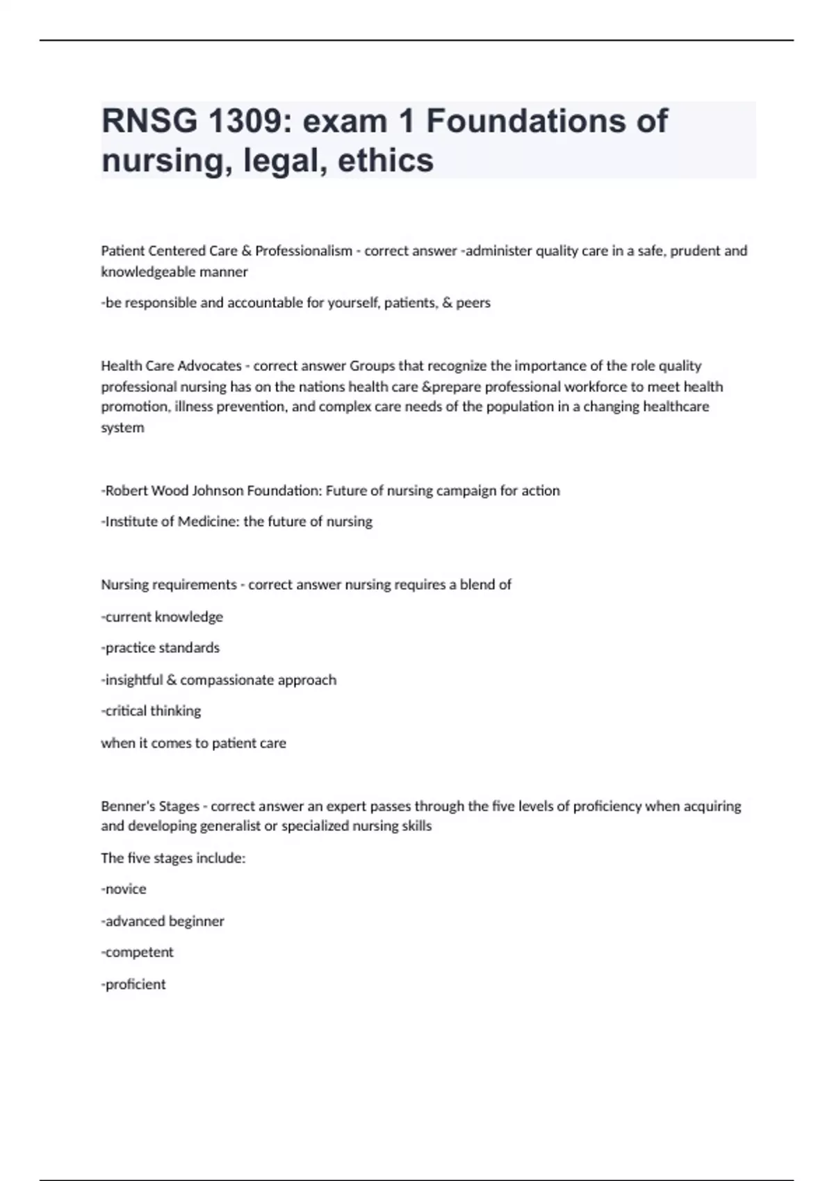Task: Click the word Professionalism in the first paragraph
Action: coord(304,251)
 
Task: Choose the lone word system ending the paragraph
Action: coord(122,428)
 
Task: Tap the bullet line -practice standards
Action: coord(161,648)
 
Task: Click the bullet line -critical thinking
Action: coord(152,711)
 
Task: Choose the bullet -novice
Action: coord(124,889)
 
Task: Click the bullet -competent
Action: coord(138,952)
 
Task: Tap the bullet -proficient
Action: coord(133,984)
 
